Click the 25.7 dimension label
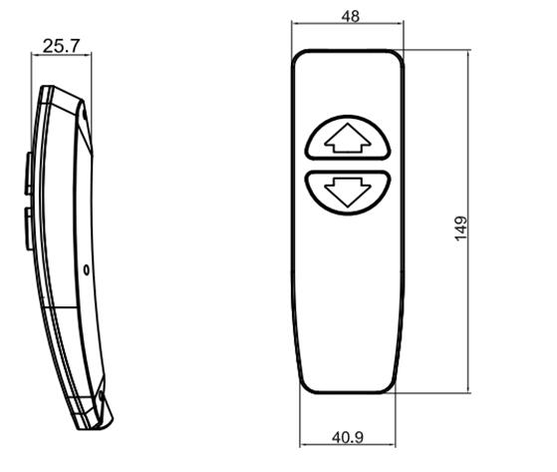click(x=62, y=46)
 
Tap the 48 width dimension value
click(x=351, y=16)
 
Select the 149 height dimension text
click(x=461, y=229)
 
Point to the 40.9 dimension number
click(x=348, y=437)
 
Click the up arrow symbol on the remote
click(x=348, y=139)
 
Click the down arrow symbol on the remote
click(x=348, y=193)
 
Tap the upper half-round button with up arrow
click(x=348, y=138)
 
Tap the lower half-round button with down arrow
click(x=348, y=193)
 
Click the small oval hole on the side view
click(x=87, y=270)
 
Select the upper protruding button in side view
click(x=29, y=174)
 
